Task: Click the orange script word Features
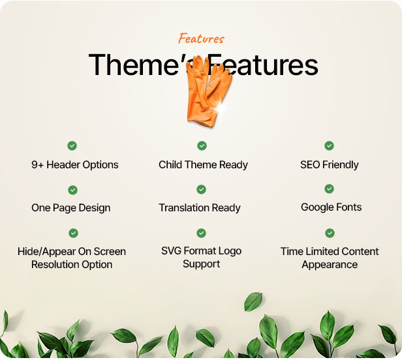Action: click(201, 38)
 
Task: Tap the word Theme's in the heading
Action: click(134, 65)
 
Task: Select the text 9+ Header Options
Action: click(75, 165)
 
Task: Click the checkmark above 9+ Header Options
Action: click(72, 146)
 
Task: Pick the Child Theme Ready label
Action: click(203, 165)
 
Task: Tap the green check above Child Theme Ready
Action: click(202, 146)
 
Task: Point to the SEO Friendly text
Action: click(330, 165)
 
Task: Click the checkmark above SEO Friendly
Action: click(330, 146)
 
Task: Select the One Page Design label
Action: click(70, 208)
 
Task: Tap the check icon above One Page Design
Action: click(72, 190)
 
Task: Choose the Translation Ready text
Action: click(200, 208)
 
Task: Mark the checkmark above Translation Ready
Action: click(202, 190)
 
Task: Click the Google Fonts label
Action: click(331, 207)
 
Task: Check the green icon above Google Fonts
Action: click(330, 189)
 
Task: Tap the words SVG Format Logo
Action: click(202, 250)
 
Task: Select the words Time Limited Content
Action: click(330, 251)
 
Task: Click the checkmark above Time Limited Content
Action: click(330, 233)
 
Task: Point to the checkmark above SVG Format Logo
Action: click(201, 233)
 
